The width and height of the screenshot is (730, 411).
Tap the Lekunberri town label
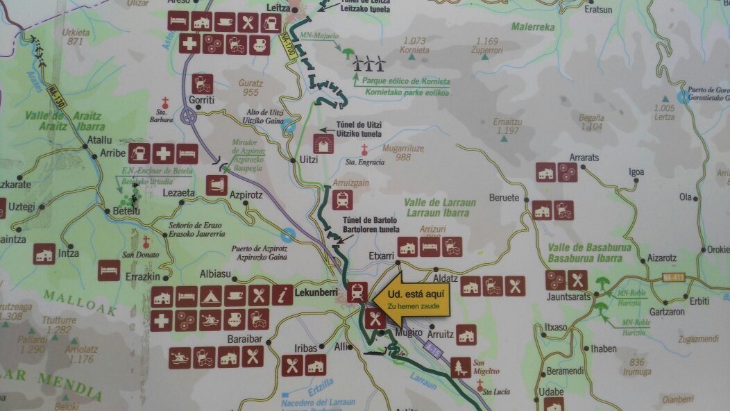click(x=321, y=294)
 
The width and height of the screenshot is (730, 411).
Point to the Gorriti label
click(x=201, y=99)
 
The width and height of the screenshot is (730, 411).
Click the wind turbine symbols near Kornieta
click(x=369, y=64)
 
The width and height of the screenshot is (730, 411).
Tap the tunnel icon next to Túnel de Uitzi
click(x=324, y=144)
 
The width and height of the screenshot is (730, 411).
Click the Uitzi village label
click(x=307, y=160)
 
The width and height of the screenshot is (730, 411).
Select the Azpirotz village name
click(x=246, y=196)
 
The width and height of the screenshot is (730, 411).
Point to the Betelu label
click(x=126, y=211)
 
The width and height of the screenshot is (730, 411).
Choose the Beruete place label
click(x=504, y=198)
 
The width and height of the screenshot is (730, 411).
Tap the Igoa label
click(x=636, y=172)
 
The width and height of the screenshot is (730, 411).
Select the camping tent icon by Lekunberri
click(x=210, y=296)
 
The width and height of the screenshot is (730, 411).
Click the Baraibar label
click(x=244, y=339)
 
